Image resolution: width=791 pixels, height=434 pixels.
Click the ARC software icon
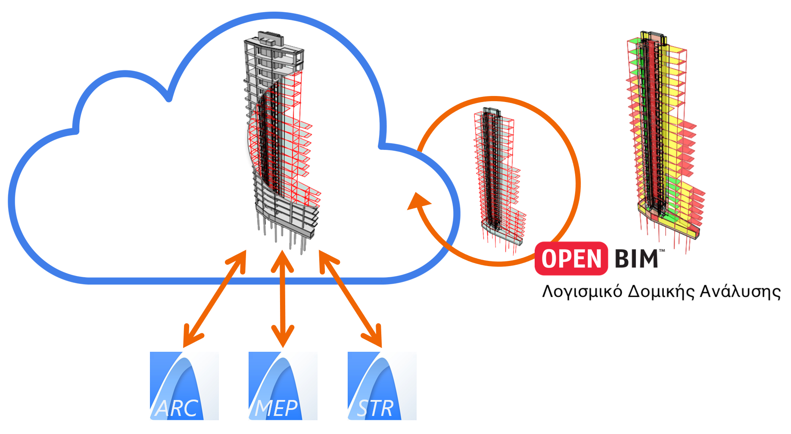coord(184,386)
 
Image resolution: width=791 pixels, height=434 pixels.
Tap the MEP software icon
coord(283,386)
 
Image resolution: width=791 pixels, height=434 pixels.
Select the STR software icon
coord(382,386)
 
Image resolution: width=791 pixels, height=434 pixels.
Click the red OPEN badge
coord(571,259)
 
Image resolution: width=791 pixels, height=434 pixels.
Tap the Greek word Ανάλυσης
coord(740,292)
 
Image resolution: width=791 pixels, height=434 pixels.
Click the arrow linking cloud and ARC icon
coord(214,299)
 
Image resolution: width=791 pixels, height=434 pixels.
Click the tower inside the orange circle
coord(498,177)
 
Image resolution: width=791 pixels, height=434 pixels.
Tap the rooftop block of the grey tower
coord(271,39)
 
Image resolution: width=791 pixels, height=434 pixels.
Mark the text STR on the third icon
coord(375,408)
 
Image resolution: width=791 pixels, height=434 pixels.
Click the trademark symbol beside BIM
coord(662,251)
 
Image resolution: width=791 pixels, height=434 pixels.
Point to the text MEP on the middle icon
coord(276,408)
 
